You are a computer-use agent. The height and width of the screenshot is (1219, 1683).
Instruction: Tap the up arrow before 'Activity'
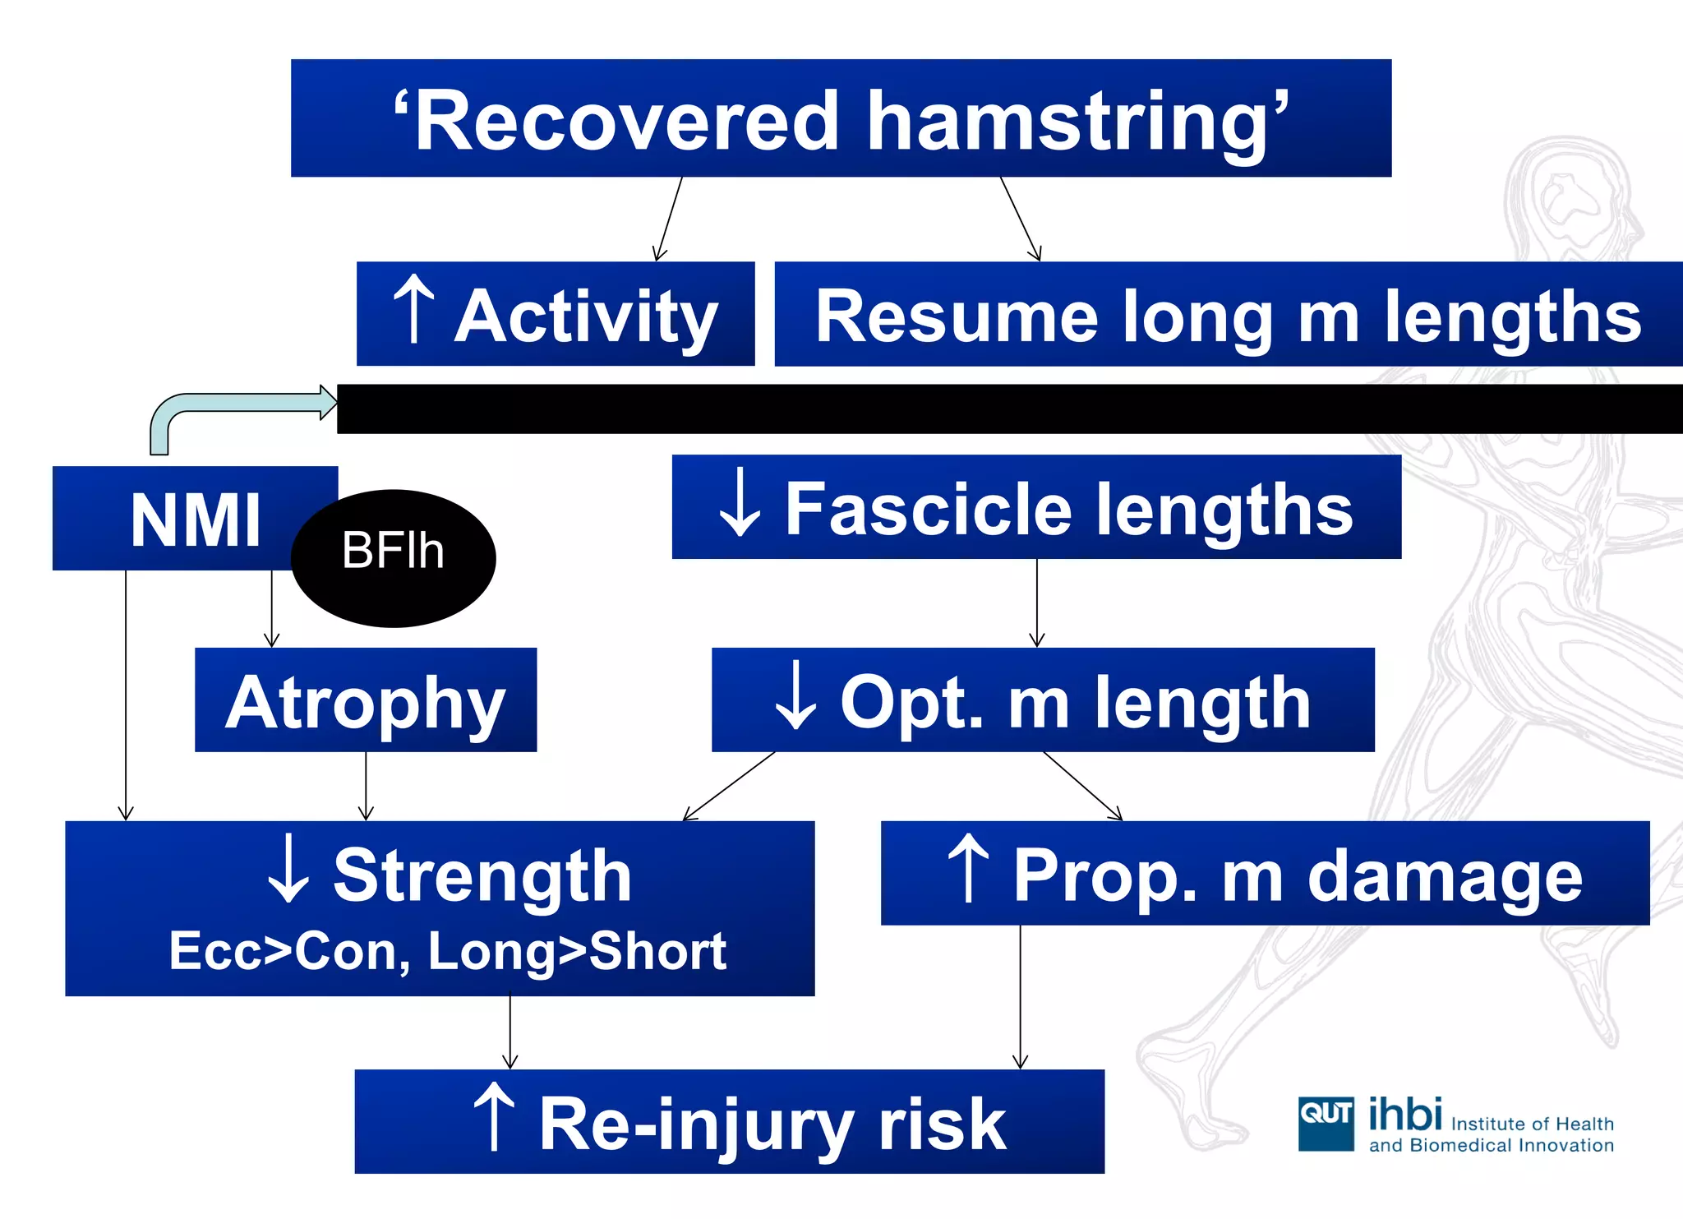click(x=413, y=310)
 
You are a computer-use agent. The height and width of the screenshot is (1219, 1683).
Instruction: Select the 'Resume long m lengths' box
click(x=1228, y=315)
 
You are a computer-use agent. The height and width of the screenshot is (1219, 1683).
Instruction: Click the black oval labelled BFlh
click(x=394, y=559)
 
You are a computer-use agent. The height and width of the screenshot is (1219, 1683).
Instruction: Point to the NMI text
click(x=195, y=519)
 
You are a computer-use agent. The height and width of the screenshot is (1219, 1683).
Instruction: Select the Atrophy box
click(x=366, y=700)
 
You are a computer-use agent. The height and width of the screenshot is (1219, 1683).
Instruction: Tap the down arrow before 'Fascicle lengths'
click(x=740, y=503)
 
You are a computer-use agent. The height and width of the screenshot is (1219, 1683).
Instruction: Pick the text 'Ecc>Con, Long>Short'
click(x=448, y=951)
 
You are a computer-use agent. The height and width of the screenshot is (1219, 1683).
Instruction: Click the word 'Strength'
click(x=482, y=876)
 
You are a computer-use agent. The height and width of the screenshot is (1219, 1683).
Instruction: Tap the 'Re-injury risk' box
click(x=729, y=1122)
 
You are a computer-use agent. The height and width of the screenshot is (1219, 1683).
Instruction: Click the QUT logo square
click(x=1326, y=1124)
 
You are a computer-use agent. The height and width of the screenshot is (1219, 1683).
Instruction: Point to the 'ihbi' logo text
click(x=1404, y=1115)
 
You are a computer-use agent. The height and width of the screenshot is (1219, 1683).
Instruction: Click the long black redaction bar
click(x=1009, y=409)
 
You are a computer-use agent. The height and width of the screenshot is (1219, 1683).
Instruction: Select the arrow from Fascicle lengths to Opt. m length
click(x=1037, y=604)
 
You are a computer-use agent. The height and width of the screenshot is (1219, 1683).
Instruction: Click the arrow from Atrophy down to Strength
click(x=367, y=787)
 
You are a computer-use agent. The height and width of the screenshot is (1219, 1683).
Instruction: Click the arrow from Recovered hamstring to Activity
click(x=669, y=219)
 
